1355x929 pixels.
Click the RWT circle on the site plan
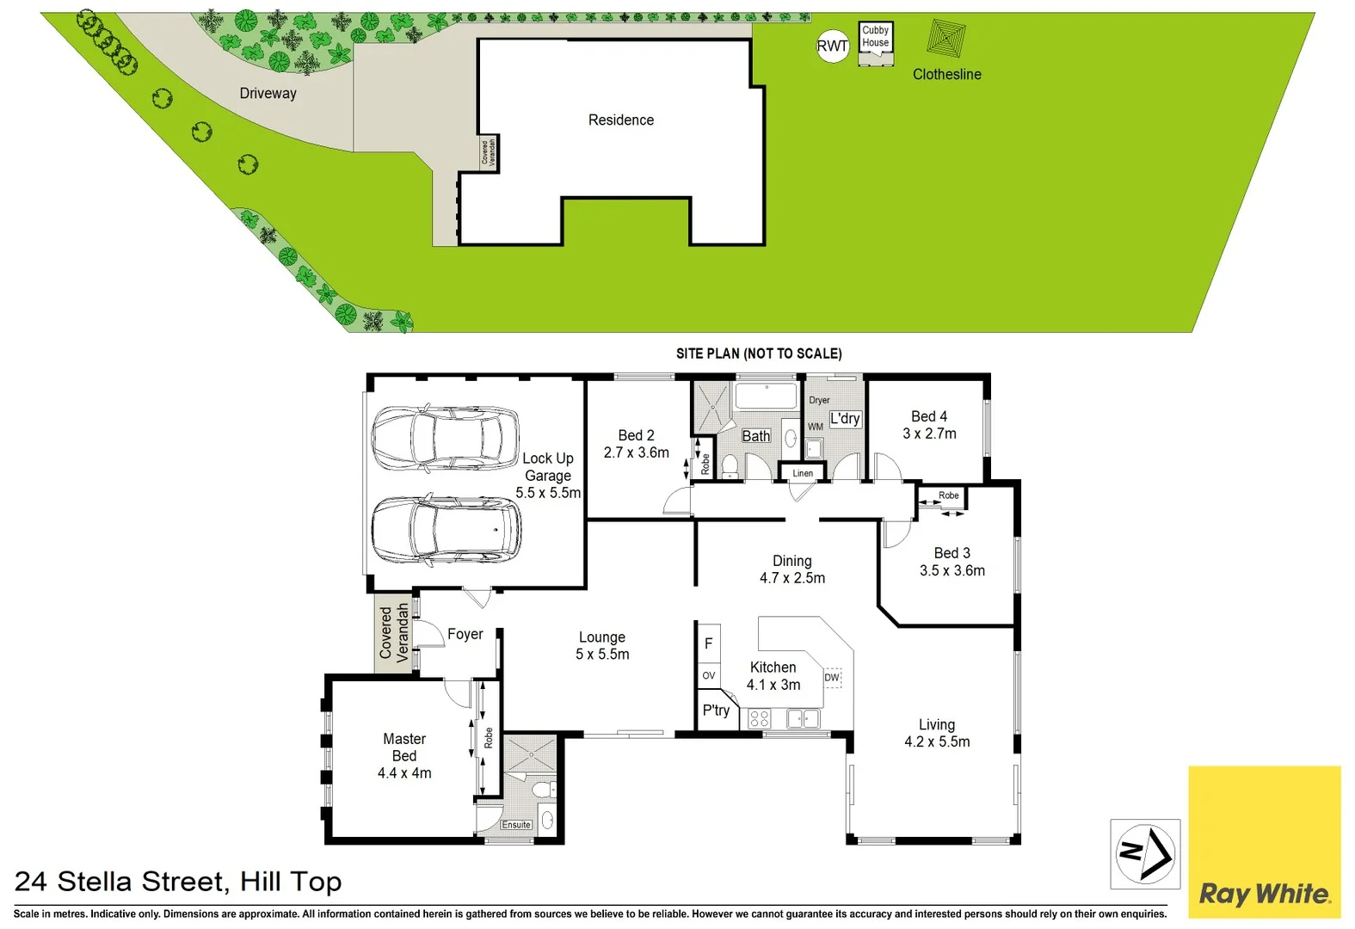(832, 46)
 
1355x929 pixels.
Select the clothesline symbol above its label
(946, 39)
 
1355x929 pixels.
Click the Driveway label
(268, 93)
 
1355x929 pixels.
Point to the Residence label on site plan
(620, 120)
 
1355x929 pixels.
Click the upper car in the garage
(445, 438)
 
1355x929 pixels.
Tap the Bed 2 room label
(636, 435)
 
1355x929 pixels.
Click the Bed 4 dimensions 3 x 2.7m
(929, 434)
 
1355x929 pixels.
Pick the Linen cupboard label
(802, 473)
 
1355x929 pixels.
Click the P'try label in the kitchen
(716, 711)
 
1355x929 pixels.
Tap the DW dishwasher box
(832, 678)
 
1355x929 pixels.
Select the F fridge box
(708, 643)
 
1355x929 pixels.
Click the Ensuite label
(516, 825)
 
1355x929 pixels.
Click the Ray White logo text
(1264, 894)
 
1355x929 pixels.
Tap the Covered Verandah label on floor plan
(393, 632)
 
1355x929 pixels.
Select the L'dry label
(844, 419)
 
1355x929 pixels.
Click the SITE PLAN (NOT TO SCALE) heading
(758, 354)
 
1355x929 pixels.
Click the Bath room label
(755, 436)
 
